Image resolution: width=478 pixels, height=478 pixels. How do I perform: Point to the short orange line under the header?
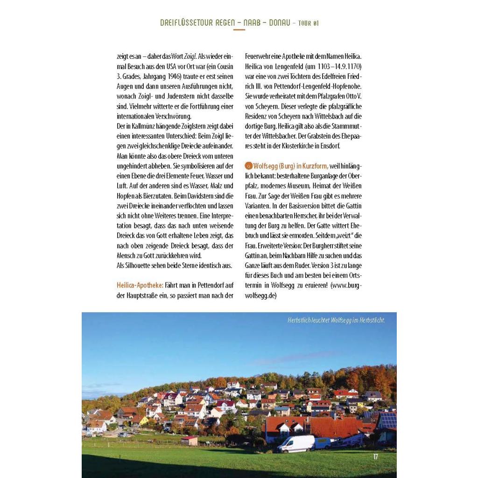(239, 29)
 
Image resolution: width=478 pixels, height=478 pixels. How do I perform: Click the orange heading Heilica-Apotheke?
(140, 285)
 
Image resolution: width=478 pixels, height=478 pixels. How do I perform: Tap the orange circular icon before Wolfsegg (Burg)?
(249, 165)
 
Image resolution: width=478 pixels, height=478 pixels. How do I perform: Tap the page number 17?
(376, 457)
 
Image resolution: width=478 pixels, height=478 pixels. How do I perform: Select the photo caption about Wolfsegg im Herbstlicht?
(336, 320)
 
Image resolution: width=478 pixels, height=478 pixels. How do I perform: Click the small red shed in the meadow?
(189, 441)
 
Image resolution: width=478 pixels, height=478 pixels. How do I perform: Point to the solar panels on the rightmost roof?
(388, 420)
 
